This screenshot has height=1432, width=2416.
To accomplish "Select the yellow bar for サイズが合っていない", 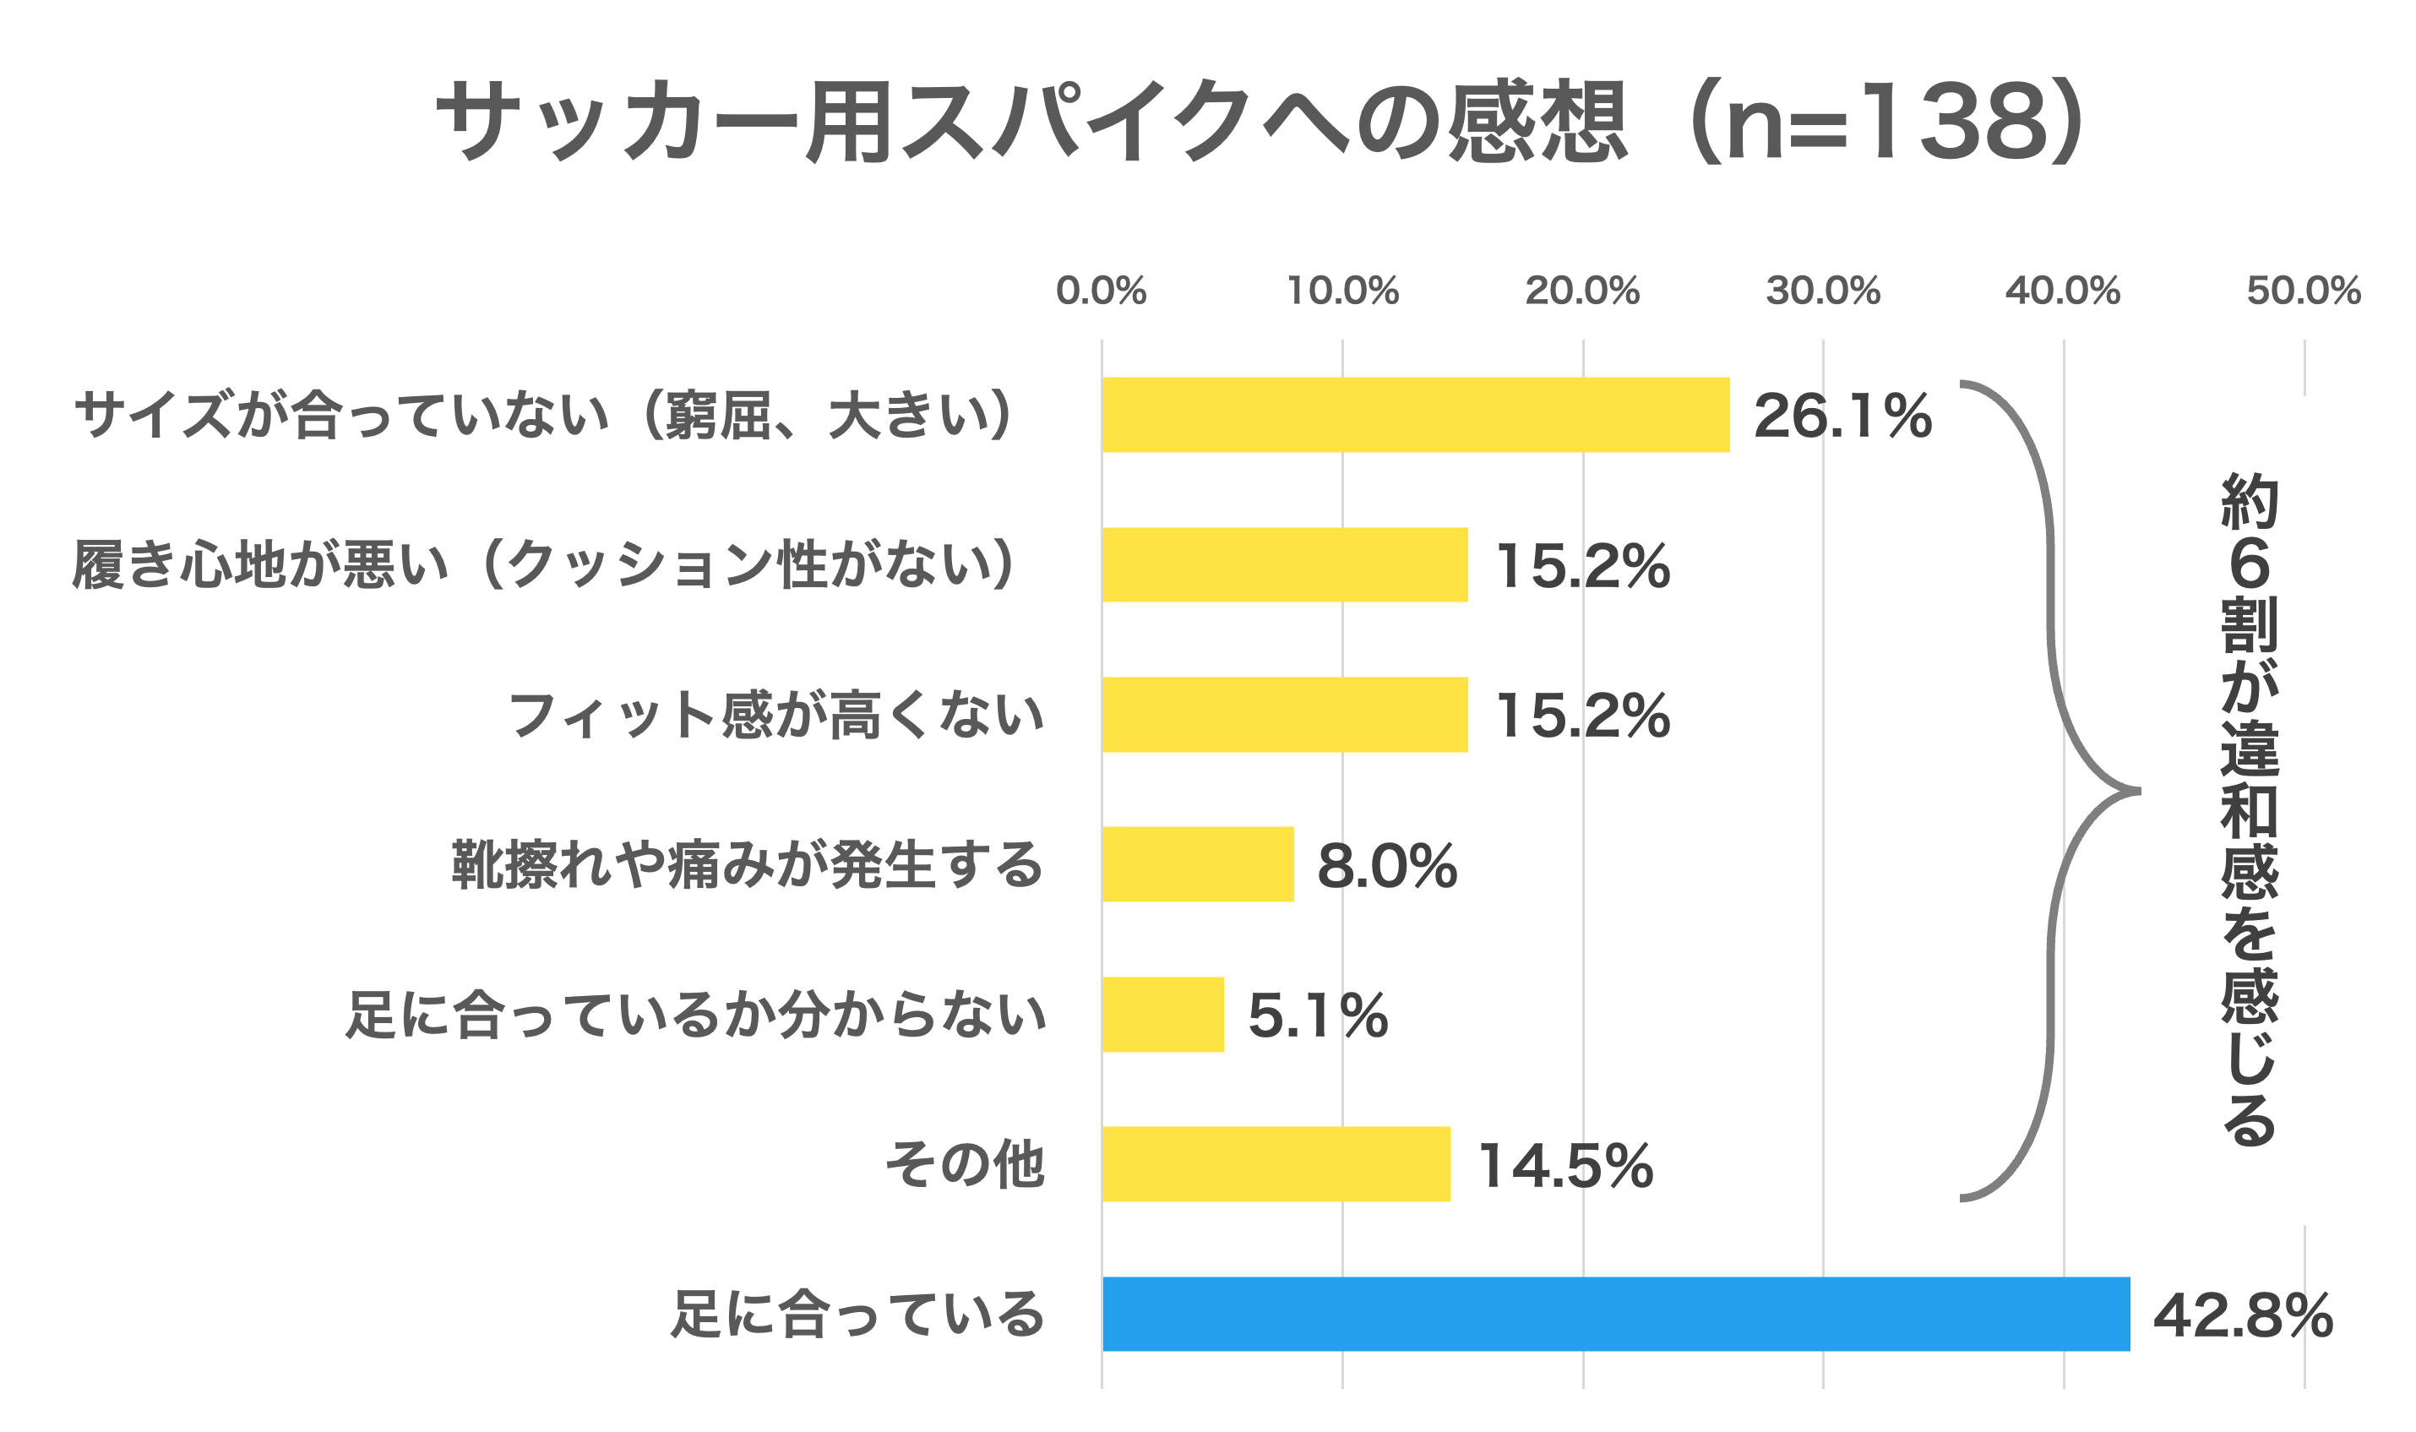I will click(1416, 415).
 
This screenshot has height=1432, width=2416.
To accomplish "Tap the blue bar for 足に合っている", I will click(1615, 1315).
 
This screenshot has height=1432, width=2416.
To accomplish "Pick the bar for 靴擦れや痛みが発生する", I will click(1197, 864).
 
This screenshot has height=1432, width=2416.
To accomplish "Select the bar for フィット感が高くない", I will click(1284, 715).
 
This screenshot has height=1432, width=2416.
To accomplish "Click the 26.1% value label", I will click(1842, 416).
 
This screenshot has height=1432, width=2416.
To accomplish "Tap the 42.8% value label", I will click(2242, 1315).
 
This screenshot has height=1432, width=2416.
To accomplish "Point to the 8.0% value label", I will click(1386, 866).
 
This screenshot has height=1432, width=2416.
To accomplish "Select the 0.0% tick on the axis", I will click(1101, 291).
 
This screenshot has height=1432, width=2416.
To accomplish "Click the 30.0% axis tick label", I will click(1823, 291).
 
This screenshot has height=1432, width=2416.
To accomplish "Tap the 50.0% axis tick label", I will click(2303, 291).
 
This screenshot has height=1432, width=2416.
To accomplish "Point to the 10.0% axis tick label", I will click(1342, 291).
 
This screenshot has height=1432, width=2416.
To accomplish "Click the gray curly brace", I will click(2049, 792).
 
